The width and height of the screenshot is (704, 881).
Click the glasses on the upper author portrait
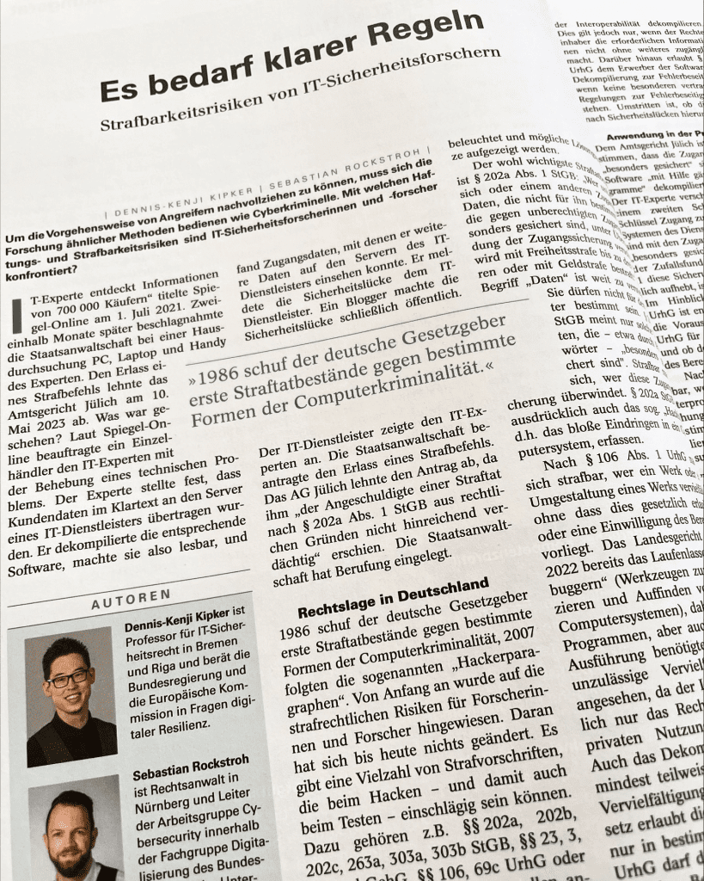click(67, 678)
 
